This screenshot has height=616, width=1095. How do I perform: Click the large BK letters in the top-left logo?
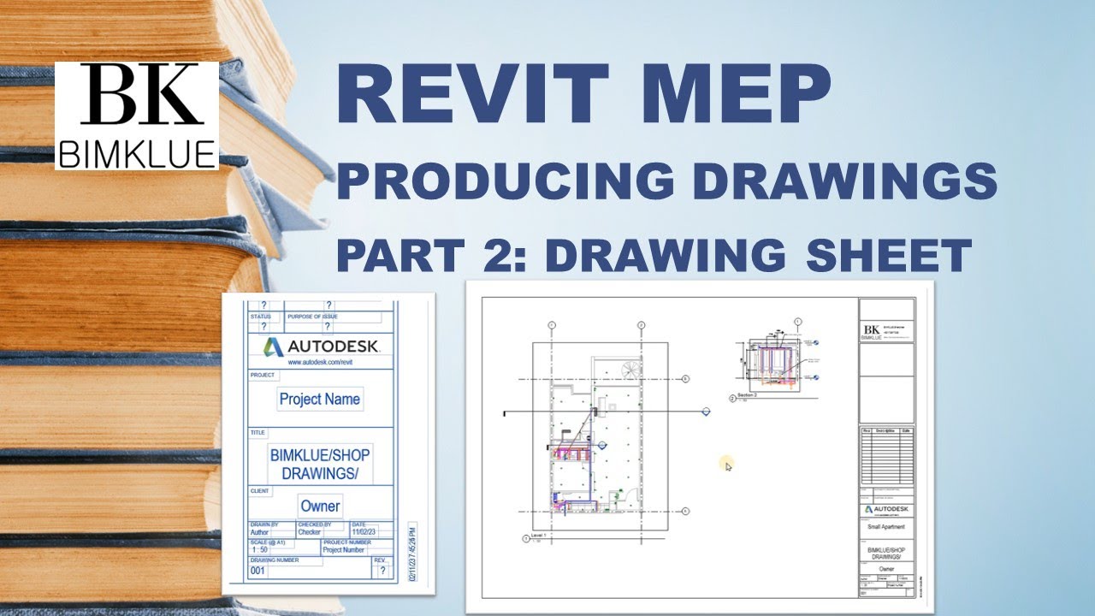click(x=136, y=97)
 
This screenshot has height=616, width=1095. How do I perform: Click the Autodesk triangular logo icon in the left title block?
click(x=274, y=346)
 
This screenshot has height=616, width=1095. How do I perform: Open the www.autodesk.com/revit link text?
click(x=321, y=363)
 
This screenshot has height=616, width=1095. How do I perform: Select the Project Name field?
click(x=320, y=399)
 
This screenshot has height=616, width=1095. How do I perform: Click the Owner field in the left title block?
click(x=320, y=506)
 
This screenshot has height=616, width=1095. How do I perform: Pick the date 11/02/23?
click(x=363, y=532)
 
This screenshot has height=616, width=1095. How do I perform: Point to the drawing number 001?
click(x=257, y=570)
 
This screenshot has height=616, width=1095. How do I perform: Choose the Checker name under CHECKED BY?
click(x=309, y=532)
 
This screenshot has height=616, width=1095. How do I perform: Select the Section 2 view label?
click(x=749, y=396)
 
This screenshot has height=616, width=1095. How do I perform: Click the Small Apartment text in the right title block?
click(x=885, y=527)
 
